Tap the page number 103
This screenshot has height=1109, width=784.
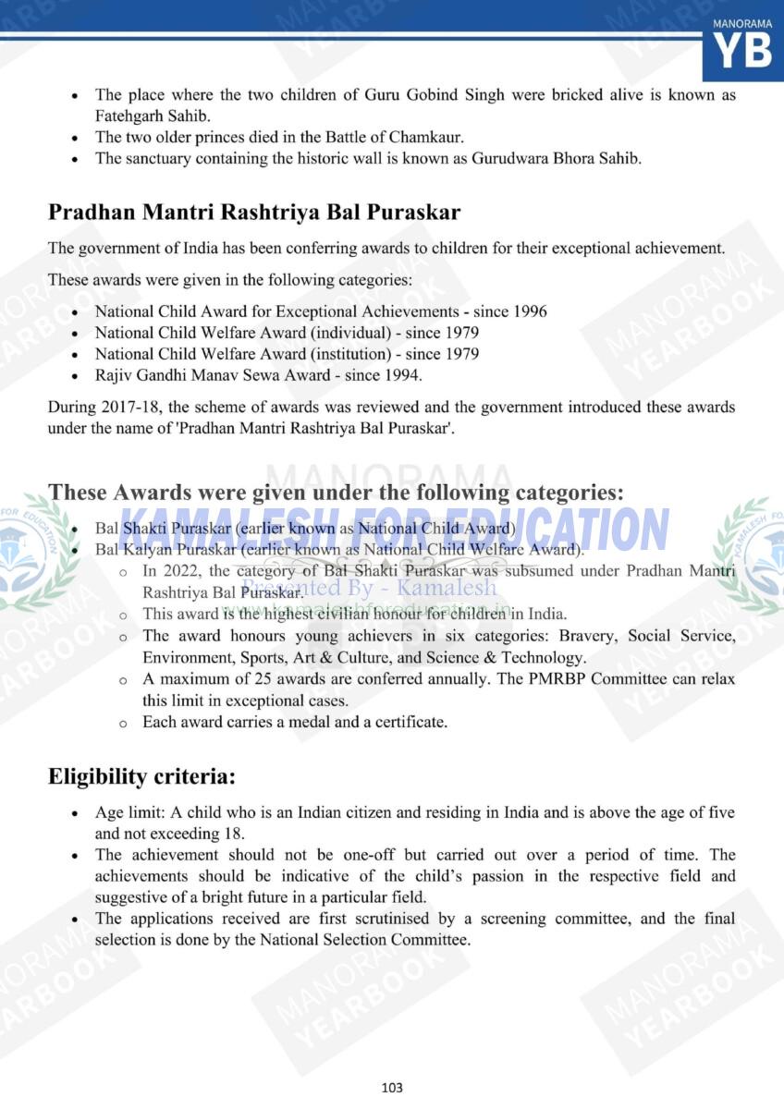click(392, 1087)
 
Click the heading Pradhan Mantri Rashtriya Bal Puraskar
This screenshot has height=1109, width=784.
click(254, 212)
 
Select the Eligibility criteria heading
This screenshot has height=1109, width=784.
click(141, 777)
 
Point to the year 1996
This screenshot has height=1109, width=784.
click(529, 311)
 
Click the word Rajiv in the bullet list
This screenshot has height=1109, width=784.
click(115, 374)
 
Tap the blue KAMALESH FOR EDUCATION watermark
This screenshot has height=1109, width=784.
click(393, 530)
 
